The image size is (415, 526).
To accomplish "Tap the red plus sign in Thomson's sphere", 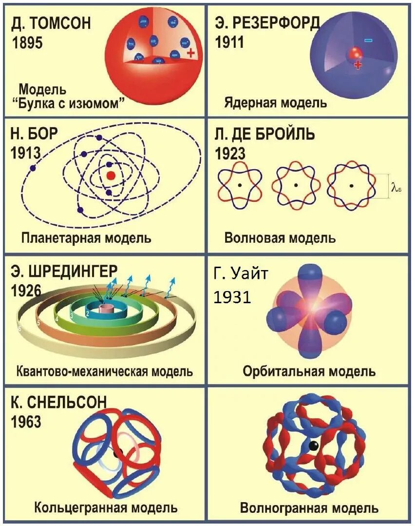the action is point(190,53).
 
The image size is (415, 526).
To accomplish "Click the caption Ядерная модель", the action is point(275,103).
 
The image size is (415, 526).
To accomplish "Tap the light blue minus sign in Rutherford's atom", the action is point(368,40).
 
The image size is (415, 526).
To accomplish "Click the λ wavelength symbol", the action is point(395,186).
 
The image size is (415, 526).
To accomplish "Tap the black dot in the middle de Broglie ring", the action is point(295,185).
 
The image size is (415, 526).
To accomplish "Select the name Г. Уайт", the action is point(241,274).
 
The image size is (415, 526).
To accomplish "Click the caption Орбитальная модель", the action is point(309,371).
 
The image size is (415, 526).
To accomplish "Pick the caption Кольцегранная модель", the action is point(106,508).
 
